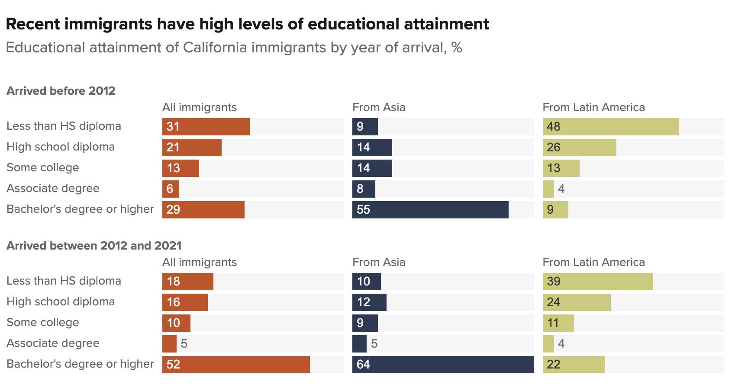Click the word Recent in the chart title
pyautogui.click(x=34, y=24)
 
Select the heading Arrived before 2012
pyautogui.click(x=61, y=91)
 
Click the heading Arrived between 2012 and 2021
pyautogui.click(x=94, y=246)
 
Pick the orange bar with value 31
pyautogui.click(x=206, y=126)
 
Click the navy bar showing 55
pyautogui.click(x=430, y=209)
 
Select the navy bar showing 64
pyautogui.click(x=443, y=364)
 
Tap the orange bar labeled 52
pyautogui.click(x=236, y=364)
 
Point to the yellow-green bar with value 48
pyautogui.click(x=610, y=126)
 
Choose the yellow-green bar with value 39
pyautogui.click(x=598, y=281)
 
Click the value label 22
pyautogui.click(x=554, y=364)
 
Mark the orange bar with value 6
pyautogui.click(x=171, y=189)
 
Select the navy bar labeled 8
pyautogui.click(x=364, y=189)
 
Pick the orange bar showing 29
pyautogui.click(x=203, y=209)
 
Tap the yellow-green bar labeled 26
pyautogui.click(x=579, y=147)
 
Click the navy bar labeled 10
pyautogui.click(x=367, y=281)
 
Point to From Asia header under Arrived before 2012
pyautogui.click(x=379, y=107)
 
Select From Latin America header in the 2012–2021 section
pyautogui.click(x=593, y=262)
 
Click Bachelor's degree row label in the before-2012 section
pyautogui.click(x=80, y=209)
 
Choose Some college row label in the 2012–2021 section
pyautogui.click(x=43, y=323)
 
